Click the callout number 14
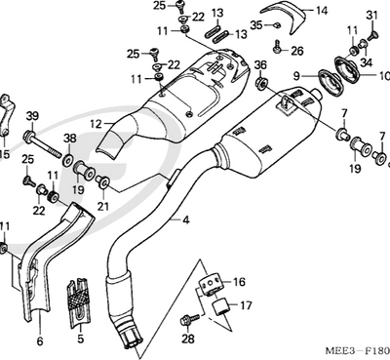coord(321,13)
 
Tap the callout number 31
coord(371,15)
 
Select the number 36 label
coord(260,65)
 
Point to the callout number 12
coord(97,124)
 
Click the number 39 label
coord(32,117)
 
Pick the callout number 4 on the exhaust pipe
coord(184,221)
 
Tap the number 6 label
coord(40,341)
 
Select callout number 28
coord(188,340)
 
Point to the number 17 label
coord(245,304)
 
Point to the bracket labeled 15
coord(7,113)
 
